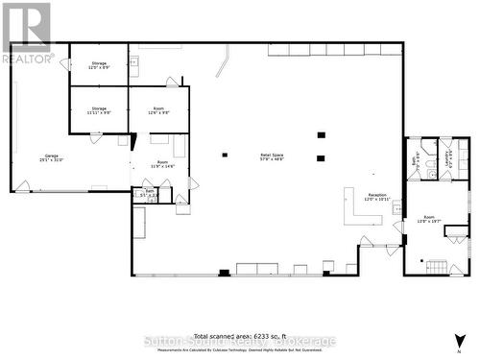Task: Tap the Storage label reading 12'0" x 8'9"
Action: [100, 64]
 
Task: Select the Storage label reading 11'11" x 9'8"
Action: [100, 110]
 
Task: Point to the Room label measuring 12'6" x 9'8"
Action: [159, 110]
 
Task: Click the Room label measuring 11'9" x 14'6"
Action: [162, 164]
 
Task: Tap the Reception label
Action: [376, 197]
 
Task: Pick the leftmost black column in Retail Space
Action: [225, 155]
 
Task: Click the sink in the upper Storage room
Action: [133, 64]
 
